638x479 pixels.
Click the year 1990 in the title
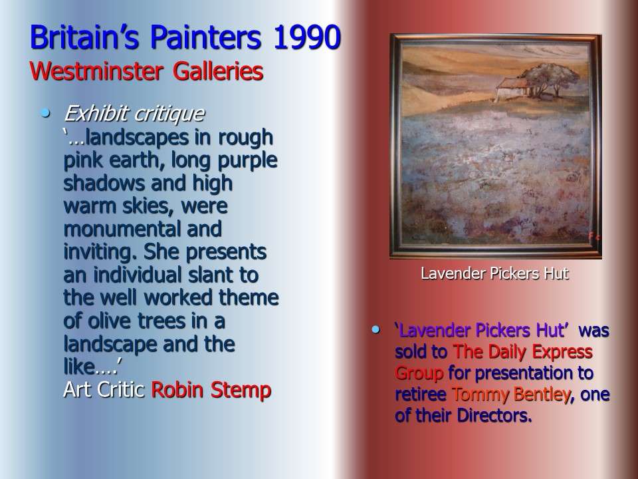(x=307, y=37)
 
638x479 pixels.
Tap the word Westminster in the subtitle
(x=97, y=72)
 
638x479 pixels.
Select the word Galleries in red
(x=218, y=72)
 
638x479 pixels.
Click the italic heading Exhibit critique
(x=134, y=114)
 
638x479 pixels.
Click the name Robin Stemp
(x=211, y=390)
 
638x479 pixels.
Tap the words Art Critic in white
(x=104, y=390)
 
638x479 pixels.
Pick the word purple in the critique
(x=247, y=161)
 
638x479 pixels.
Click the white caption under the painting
(x=494, y=273)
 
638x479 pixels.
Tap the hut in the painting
(x=512, y=88)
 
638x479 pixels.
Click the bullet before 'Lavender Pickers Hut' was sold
(x=375, y=329)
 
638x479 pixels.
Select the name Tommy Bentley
(x=510, y=395)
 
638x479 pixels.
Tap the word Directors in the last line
(x=494, y=416)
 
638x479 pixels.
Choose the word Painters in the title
(x=205, y=37)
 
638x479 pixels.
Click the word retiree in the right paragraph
(x=420, y=395)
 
